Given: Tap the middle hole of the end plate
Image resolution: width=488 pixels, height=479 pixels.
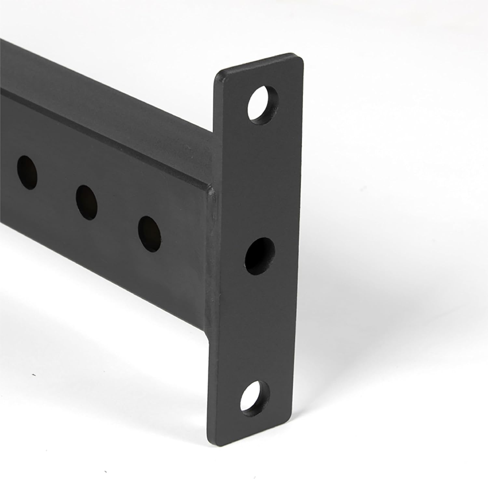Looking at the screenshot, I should pyautogui.click(x=260, y=255).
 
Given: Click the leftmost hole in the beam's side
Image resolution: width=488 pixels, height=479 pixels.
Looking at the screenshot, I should pyautogui.click(x=27, y=173).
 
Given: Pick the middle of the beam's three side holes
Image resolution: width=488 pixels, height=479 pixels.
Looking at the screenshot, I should pyautogui.click(x=87, y=202).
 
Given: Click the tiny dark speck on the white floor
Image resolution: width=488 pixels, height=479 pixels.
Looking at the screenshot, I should pyautogui.click(x=34, y=375).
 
